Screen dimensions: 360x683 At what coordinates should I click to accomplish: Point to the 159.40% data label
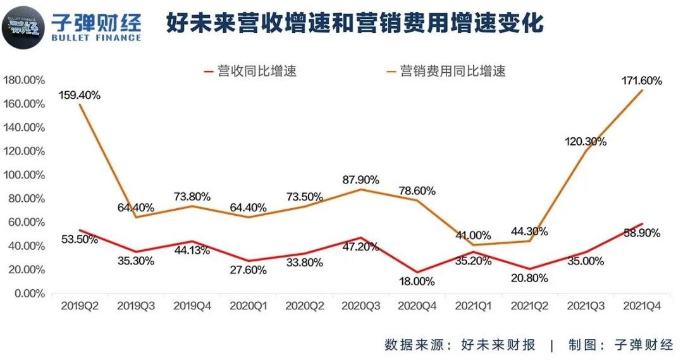click(x=80, y=95)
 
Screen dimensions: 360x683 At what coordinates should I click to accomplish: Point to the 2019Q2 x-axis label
click(x=80, y=306)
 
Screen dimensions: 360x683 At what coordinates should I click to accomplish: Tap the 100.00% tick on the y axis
click(x=24, y=175)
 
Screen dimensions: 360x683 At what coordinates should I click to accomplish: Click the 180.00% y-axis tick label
click(x=24, y=80)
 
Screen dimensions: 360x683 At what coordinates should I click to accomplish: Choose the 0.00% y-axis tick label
click(x=27, y=294)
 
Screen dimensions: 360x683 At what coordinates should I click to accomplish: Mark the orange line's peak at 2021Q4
click(x=643, y=90)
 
